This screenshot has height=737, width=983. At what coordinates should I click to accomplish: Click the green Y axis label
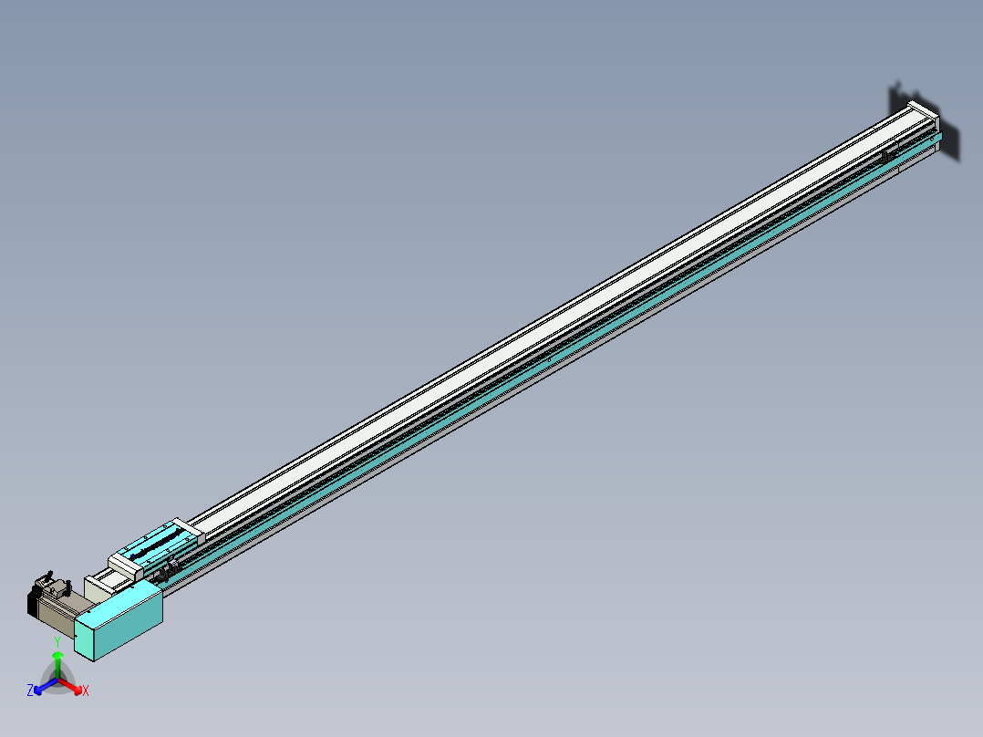pos(57,642)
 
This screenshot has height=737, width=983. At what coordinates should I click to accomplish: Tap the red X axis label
pos(86,691)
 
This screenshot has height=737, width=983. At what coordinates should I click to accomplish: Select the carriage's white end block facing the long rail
pos(186,526)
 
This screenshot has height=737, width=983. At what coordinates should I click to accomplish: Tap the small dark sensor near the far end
pos(885,157)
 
